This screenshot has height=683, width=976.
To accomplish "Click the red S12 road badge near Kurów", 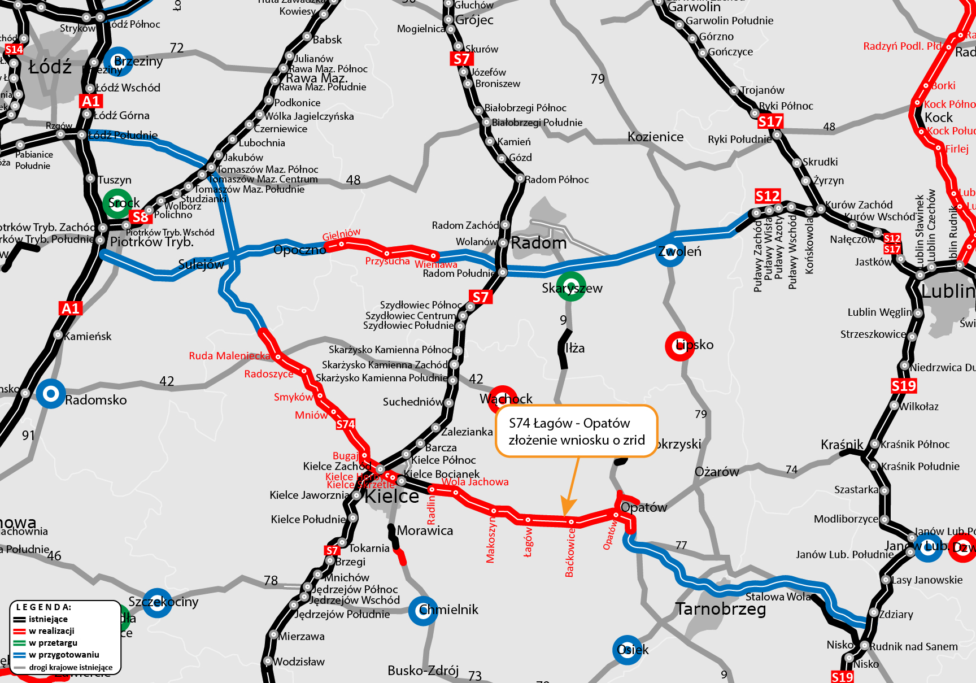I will pos(768,196).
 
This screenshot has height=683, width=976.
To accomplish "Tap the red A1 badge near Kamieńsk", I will pos(71,308).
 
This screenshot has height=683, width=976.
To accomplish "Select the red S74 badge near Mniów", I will pos(346,424).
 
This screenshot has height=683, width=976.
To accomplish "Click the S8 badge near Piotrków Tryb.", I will pos(140,217).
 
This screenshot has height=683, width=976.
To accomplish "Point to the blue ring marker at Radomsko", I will pos(51,394).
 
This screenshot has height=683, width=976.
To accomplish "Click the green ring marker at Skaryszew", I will pos(571,286).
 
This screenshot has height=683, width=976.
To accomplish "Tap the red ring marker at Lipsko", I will pos(679,346).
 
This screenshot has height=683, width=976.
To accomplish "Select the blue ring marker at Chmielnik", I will pos(423,611).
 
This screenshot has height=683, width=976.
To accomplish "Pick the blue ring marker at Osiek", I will pos(627,650).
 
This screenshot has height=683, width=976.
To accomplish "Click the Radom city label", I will pos(538,243).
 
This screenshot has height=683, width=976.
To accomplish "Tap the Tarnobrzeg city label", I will pos(721,609).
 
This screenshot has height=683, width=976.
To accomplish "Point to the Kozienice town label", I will pos(655,137).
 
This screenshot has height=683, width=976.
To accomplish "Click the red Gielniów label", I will pos(341,234).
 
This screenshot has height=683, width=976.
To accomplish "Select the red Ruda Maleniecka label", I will pos(229,356).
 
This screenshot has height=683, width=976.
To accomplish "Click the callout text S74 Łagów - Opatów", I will pos(569,423).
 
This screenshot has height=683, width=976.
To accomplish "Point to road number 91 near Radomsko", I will pos(28,435).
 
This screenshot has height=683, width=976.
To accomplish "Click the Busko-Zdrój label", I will pos(422,671).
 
